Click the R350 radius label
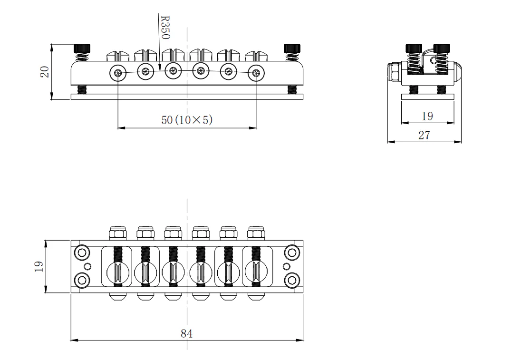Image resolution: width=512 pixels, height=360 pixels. pyautogui.click(x=165, y=27)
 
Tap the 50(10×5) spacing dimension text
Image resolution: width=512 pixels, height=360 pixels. pyautogui.click(x=187, y=120)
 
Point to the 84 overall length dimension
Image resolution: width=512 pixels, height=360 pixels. pyautogui.click(x=186, y=333)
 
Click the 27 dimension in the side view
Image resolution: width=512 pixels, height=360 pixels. pyautogui.click(x=424, y=135)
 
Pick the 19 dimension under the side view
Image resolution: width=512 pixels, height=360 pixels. pyautogui.click(x=427, y=117)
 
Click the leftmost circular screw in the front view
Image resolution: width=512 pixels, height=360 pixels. pyautogui.click(x=118, y=73)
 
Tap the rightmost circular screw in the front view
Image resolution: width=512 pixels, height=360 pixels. pyautogui.click(x=256, y=73)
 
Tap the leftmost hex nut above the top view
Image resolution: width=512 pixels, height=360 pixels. pyautogui.click(x=118, y=233)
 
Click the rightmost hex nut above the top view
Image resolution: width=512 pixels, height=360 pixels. pyautogui.click(x=256, y=233)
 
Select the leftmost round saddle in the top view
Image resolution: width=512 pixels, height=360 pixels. pyautogui.click(x=118, y=272)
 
